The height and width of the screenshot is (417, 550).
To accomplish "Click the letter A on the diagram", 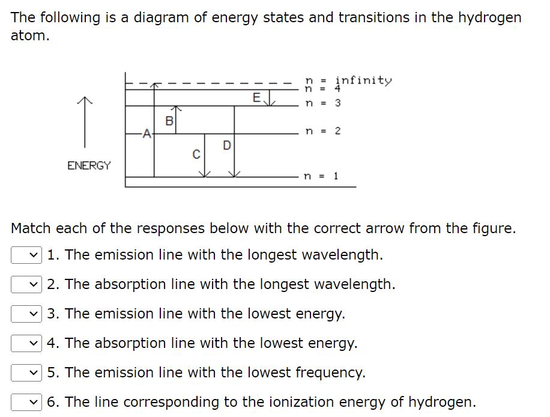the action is click(145, 135).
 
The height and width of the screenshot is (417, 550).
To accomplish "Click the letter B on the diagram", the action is click(169, 121).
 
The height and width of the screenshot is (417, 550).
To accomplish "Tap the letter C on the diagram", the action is click(196, 154).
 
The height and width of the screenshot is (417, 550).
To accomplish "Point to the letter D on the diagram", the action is click(226, 145).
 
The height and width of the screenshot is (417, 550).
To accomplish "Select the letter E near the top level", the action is click(256, 97).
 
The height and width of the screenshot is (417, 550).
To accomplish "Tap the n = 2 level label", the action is click(322, 131).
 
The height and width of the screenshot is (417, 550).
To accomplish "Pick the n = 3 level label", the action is click(322, 103).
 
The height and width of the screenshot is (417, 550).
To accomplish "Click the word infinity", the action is click(363, 80).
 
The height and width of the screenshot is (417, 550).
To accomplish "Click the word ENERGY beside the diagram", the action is click(89, 165).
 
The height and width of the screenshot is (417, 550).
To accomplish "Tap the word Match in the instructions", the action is click(31, 228).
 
